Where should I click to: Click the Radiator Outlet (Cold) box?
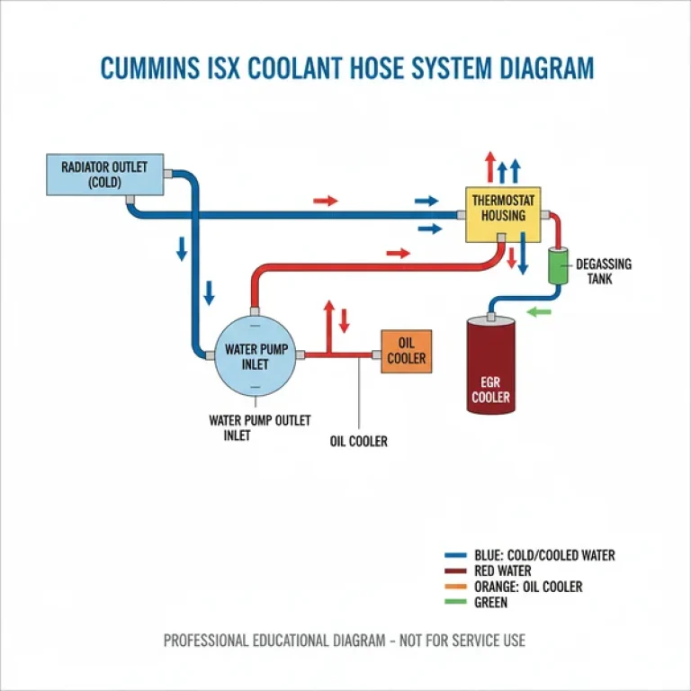tap(104, 174)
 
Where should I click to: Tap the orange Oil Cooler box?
tap(406, 351)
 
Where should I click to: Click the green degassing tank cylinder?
tap(559, 265)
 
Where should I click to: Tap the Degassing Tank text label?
tap(603, 272)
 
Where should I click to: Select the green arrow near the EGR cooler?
tap(537, 312)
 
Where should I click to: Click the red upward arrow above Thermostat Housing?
tap(489, 167)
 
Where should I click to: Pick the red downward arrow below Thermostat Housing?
tap(512, 257)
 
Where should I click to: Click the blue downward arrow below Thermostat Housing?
tap(523, 257)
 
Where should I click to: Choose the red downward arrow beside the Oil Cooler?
tap(343, 319)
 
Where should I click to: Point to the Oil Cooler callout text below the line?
tap(358, 442)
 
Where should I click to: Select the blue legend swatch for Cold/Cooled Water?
tap(456, 556)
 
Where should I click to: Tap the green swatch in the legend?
tap(456, 602)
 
